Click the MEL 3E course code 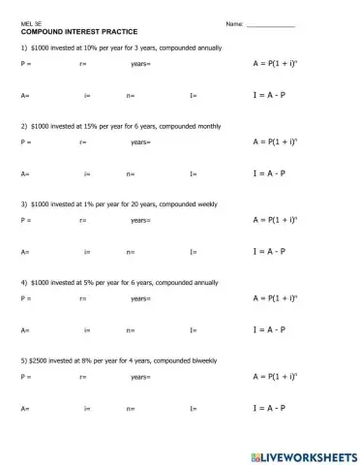(x=32, y=22)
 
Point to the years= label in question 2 (x=140, y=141)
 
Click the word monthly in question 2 (x=203, y=126)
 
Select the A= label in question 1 (x=25, y=96)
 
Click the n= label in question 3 (x=131, y=252)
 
